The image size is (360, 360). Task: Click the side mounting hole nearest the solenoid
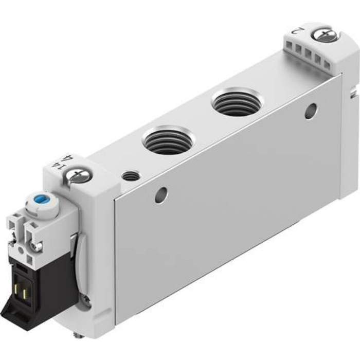(162, 194)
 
